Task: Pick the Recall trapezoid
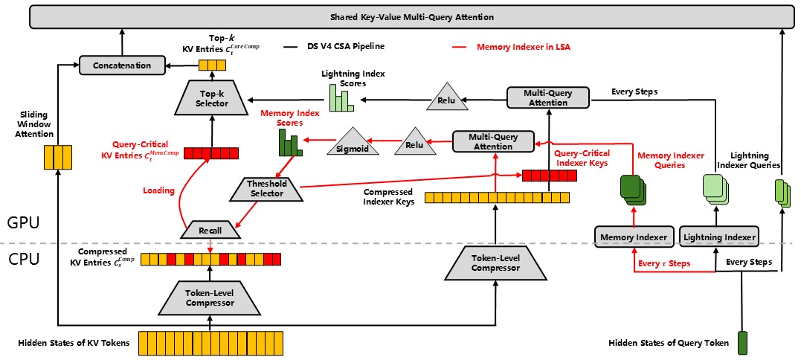coord(210,231)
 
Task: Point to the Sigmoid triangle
coord(348,144)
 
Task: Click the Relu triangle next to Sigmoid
coord(416,141)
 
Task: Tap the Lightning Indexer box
coord(718,237)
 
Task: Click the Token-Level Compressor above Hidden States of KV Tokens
coord(210,298)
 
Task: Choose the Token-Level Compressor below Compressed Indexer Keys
coord(495,263)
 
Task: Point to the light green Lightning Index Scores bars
coord(341,97)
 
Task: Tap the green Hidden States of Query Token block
coord(742,343)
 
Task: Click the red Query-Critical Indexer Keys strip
coord(549,176)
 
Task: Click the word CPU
coord(24,260)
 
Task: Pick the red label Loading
coord(158,190)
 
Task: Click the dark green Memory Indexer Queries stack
coord(632,190)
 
